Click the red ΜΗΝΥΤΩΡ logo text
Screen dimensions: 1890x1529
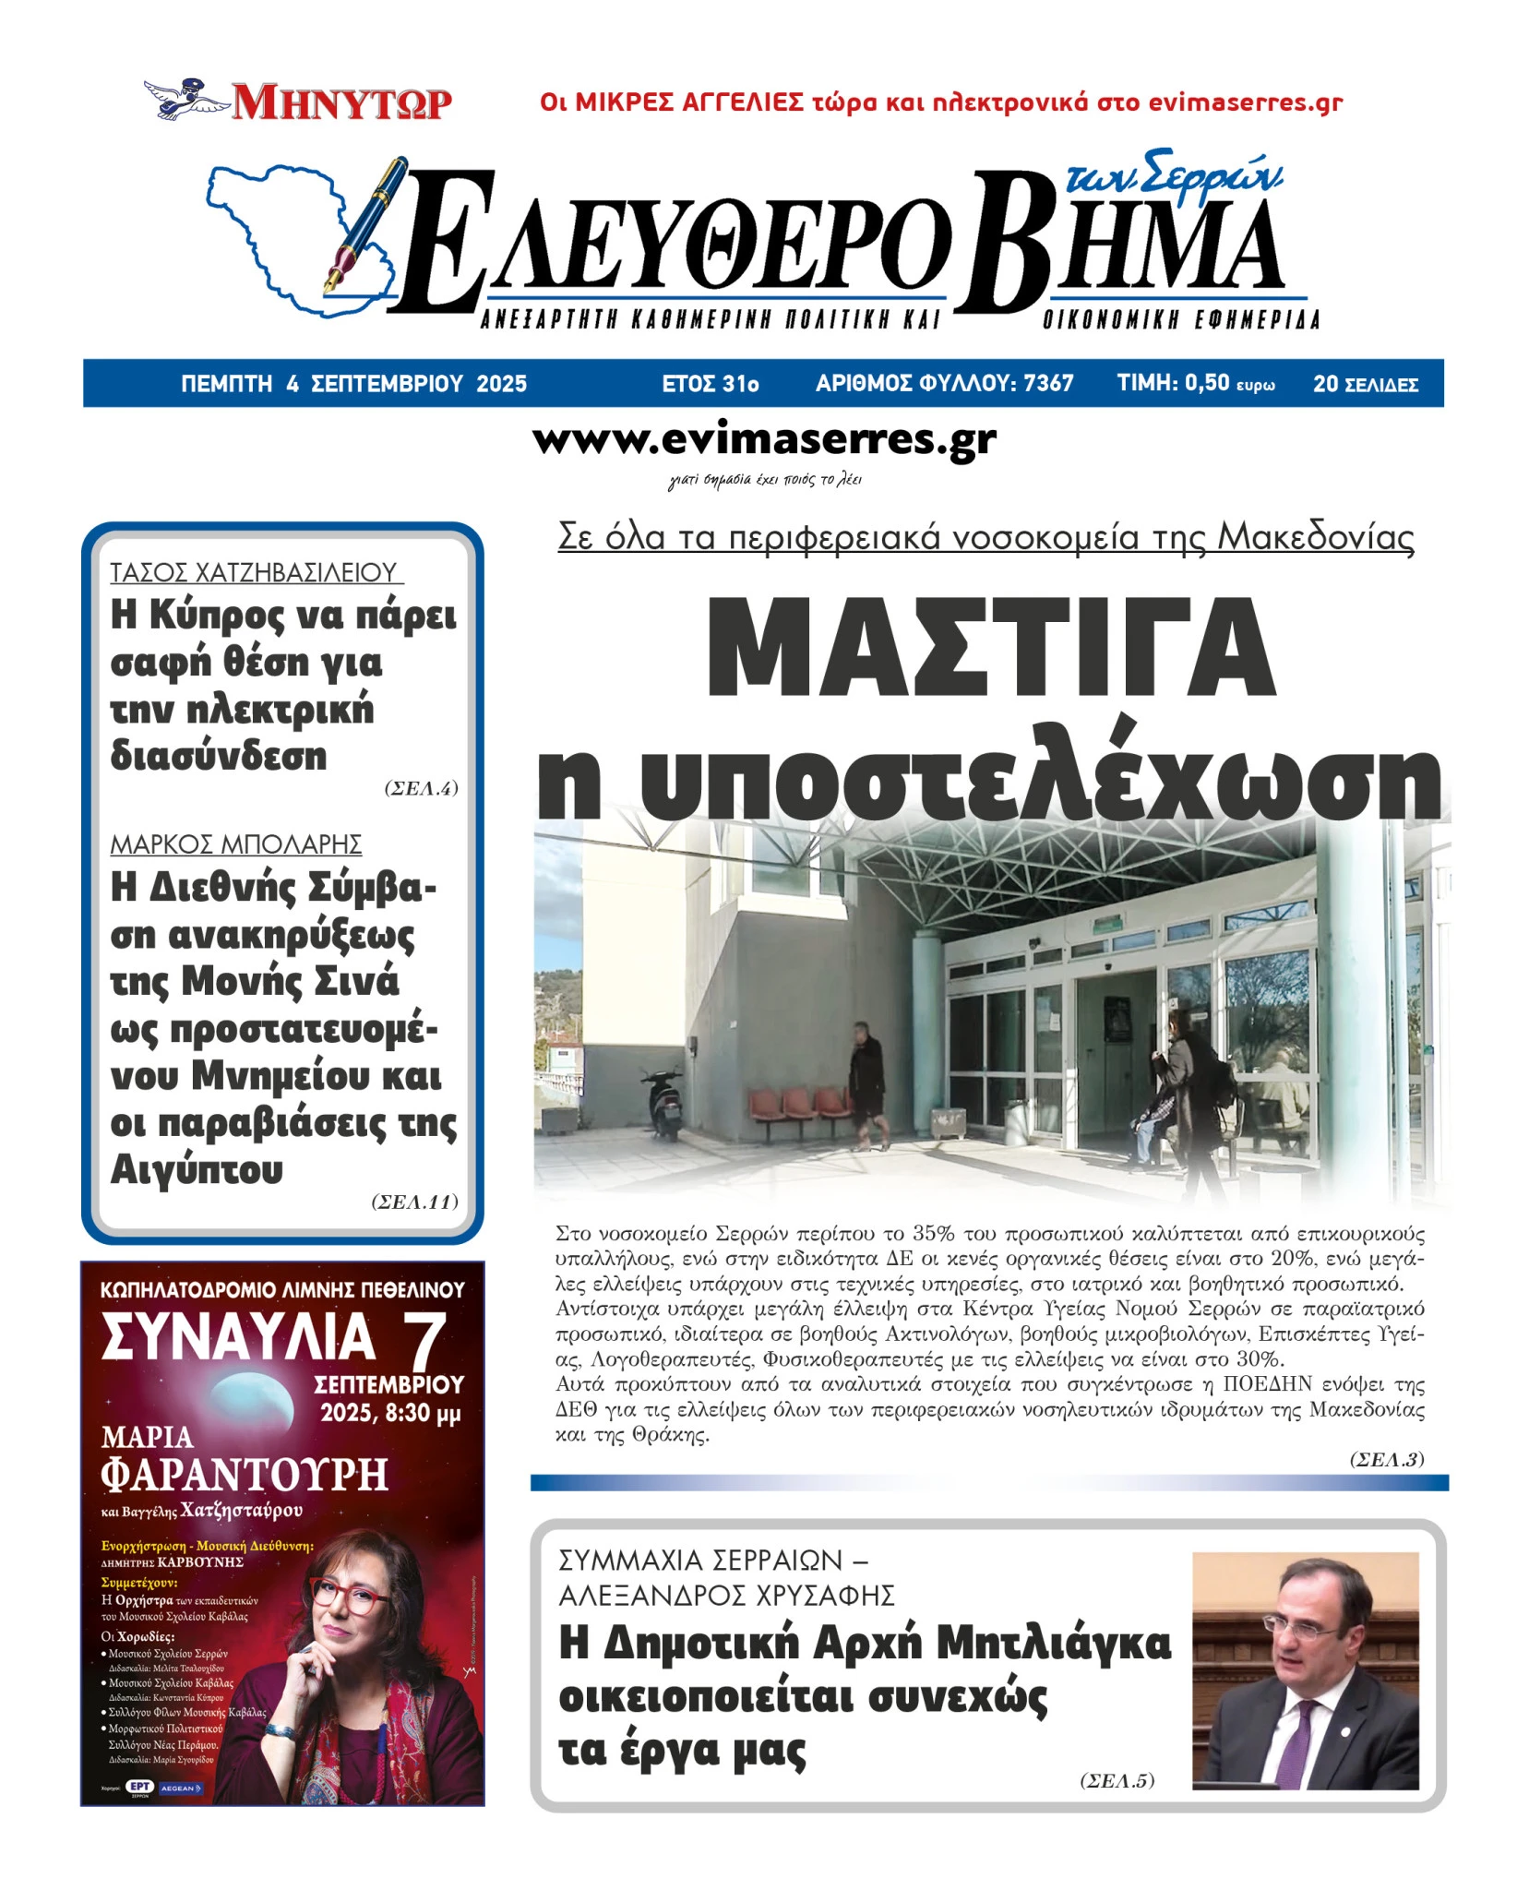coord(341,102)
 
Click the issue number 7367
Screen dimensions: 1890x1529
coord(1048,383)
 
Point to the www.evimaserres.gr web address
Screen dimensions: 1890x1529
coord(764,440)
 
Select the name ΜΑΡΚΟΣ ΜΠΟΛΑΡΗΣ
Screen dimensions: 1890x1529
coord(236,843)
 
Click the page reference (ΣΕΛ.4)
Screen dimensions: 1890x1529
coord(421,788)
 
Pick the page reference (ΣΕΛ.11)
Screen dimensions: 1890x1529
coord(414,1202)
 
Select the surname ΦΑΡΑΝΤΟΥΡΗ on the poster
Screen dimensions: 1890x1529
coord(245,1475)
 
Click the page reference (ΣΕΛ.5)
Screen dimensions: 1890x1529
coord(1117,1781)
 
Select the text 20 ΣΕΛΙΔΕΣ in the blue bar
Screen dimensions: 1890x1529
coord(1365,384)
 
